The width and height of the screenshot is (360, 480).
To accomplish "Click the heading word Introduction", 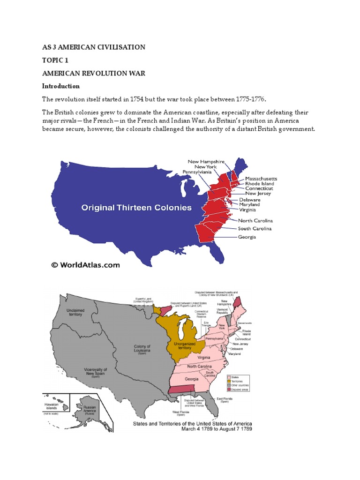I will (x=61, y=86).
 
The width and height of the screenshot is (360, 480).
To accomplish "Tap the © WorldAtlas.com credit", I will (x=86, y=265).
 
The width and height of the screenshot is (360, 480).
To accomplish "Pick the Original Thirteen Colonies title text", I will (x=137, y=207).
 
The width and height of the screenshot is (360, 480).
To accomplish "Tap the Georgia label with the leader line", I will (x=247, y=237).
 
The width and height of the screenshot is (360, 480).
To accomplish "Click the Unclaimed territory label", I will (x=75, y=313).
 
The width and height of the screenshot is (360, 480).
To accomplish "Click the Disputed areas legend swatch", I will (x=229, y=389).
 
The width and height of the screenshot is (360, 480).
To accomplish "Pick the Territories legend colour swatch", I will (x=229, y=381).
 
